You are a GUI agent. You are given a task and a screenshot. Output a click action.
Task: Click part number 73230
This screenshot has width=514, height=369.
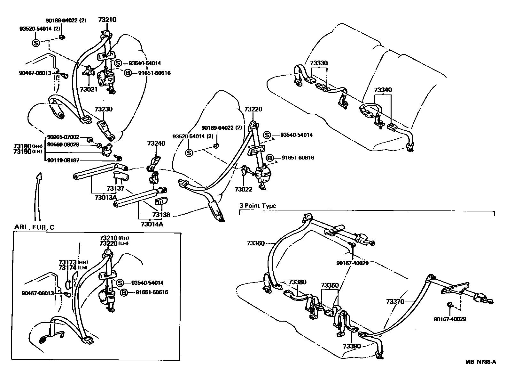pyautogui.click(x=103, y=109)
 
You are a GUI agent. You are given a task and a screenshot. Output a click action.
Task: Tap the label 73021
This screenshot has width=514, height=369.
pyautogui.click(x=89, y=89)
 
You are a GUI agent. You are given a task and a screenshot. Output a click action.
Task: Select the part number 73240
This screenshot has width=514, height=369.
pyautogui.click(x=156, y=143)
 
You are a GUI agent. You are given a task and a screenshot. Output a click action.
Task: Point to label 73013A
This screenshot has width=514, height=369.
pyautogui.click(x=105, y=198)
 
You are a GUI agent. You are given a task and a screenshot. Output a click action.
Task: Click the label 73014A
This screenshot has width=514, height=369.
pyautogui.click(x=152, y=224)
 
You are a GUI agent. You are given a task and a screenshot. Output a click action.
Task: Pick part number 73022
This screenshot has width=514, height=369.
pyautogui.click(x=243, y=189)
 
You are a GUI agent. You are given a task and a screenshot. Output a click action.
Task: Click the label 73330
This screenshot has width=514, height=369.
pyautogui.click(x=319, y=63)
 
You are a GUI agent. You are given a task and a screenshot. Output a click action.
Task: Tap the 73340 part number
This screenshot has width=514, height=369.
pyautogui.click(x=383, y=90)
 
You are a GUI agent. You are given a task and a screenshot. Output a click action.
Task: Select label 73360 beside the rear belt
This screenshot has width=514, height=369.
pyautogui.click(x=256, y=243)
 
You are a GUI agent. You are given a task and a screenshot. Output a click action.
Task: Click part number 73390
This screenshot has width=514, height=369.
pyautogui.click(x=352, y=346)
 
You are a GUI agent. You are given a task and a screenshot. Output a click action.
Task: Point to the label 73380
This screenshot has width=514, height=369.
pyautogui.click(x=297, y=282)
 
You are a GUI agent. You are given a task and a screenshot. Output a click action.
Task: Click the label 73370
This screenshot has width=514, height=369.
pyautogui.click(x=395, y=301)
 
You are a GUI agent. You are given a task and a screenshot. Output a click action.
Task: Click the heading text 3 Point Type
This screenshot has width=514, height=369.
pyautogui.click(x=257, y=206)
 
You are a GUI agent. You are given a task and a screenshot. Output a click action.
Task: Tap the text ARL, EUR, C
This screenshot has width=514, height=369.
pyautogui.click(x=34, y=227)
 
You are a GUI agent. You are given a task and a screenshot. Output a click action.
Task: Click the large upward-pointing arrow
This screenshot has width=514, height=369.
pyautogui.click(x=38, y=195)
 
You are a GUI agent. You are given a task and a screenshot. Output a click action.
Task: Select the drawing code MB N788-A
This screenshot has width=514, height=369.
pyautogui.click(x=480, y=362)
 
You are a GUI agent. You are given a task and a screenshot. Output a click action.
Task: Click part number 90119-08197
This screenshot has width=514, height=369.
pyautogui.click(x=63, y=160)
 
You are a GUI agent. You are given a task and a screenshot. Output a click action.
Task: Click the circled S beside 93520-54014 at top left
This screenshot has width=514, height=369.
pyautogui.click(x=36, y=43)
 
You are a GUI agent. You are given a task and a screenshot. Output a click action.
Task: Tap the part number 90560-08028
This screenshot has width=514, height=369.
pyautogui.click(x=63, y=144)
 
